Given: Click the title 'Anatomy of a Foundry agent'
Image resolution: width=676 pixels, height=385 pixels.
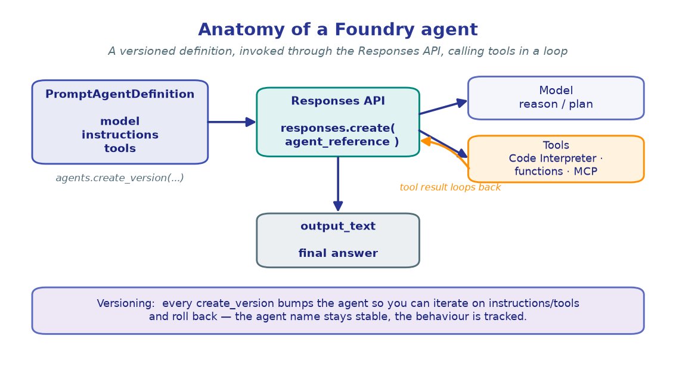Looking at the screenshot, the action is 337,29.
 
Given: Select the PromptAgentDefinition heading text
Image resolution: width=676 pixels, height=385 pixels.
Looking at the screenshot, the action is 120,94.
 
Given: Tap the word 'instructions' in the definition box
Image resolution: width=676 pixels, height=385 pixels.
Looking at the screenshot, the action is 120,135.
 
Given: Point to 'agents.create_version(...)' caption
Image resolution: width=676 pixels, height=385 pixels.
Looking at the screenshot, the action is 120,178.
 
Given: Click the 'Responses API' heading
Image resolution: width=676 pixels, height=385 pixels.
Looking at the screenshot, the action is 338,101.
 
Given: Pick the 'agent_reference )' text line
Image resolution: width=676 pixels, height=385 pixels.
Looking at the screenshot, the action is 342,141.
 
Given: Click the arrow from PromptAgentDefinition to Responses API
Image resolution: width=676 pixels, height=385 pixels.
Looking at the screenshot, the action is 232,122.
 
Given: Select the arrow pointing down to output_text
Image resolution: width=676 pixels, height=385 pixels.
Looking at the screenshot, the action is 338,184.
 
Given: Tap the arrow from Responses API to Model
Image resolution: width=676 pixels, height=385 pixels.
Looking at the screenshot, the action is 443,107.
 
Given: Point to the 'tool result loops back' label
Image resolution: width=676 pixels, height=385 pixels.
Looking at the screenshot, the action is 450,187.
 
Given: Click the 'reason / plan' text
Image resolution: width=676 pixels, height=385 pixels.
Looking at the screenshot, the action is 556,104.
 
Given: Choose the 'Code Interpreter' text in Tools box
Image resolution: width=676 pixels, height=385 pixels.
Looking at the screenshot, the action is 552,158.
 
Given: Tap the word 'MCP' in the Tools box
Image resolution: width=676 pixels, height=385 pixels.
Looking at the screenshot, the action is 585,171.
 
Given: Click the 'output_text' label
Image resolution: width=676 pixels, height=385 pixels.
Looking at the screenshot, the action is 338,226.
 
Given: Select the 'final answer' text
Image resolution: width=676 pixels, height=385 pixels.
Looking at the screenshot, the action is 338,253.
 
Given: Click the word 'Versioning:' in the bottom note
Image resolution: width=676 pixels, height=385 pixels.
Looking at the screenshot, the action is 125,303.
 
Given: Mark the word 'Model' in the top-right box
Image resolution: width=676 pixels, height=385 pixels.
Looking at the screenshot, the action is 556,91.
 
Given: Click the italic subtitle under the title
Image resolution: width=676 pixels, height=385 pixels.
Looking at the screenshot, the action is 337,51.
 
